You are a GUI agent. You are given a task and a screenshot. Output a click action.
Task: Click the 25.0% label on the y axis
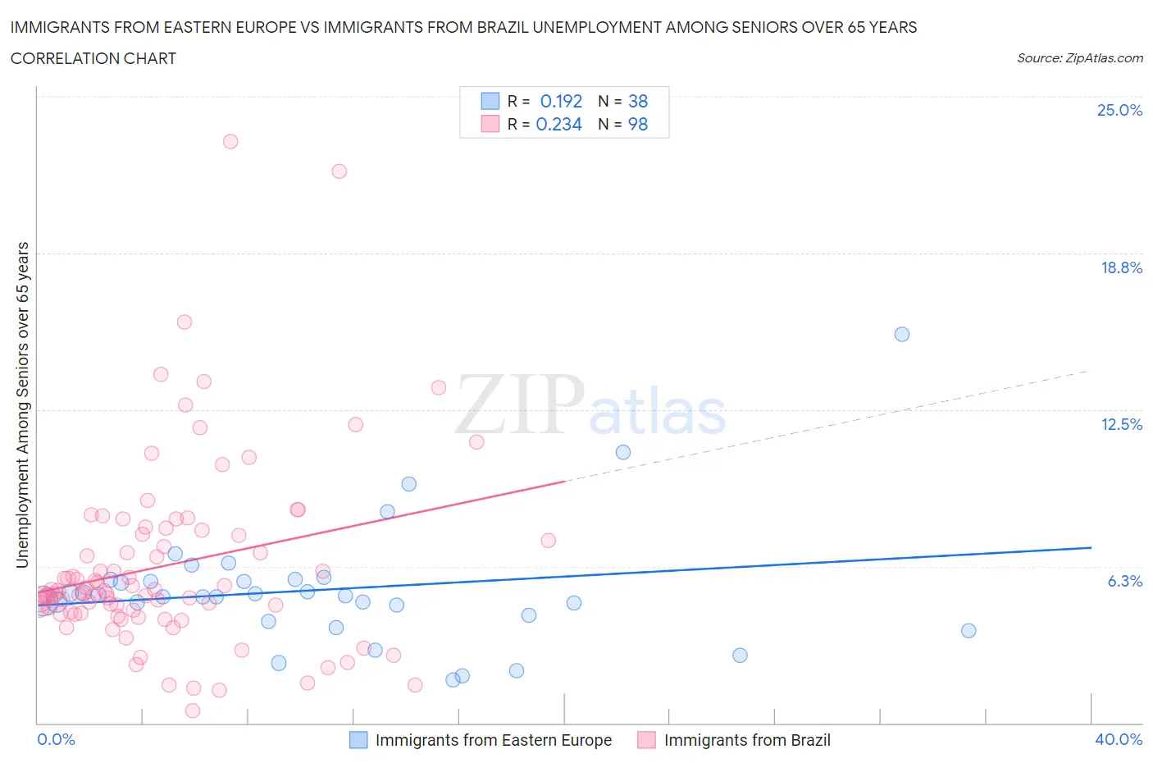[1119, 110]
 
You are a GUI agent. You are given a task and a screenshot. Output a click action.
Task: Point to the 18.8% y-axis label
[1121, 267]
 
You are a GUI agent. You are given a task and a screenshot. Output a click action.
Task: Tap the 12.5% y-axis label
[1121, 424]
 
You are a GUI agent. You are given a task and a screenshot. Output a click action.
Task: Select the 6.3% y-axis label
[1124, 581]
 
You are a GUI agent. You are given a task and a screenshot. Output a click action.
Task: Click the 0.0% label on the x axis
[56, 739]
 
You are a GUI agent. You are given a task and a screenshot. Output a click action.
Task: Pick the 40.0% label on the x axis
[1119, 739]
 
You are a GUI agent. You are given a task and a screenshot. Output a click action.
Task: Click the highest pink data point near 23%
[230, 141]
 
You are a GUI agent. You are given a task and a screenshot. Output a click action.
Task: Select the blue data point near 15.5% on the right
[902, 334]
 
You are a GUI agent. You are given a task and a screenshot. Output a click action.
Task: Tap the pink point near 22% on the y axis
[340, 171]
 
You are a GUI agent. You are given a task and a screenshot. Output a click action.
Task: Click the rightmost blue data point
[968, 630]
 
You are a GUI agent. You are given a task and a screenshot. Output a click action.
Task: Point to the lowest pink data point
[193, 710]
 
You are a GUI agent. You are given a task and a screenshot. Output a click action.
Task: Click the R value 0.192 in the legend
[561, 101]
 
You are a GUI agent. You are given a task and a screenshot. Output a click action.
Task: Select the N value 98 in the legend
[638, 124]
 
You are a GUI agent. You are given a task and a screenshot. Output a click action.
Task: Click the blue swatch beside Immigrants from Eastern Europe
[358, 739]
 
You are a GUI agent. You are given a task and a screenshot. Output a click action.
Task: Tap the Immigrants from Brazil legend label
[747, 740]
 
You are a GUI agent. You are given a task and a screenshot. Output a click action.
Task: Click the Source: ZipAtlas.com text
[1079, 57]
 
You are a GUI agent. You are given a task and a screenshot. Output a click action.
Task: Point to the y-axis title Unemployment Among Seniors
[22, 404]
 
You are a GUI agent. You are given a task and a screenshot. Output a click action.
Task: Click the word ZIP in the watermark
[519, 404]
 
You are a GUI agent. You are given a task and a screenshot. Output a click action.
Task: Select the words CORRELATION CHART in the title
[93, 58]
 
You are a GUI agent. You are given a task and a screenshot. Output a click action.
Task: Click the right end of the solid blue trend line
[1091, 547]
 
